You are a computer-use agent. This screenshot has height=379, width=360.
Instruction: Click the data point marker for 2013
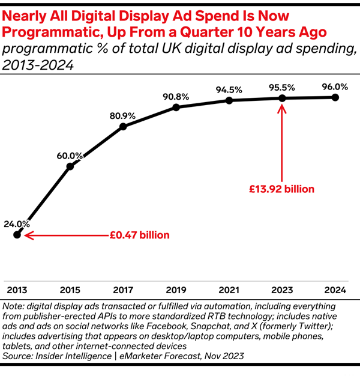pyautogui.click(x=17, y=235)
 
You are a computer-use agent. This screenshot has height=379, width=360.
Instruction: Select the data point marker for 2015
pyautogui.click(x=70, y=166)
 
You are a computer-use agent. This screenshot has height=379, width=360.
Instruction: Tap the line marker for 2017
pyautogui.click(x=123, y=126)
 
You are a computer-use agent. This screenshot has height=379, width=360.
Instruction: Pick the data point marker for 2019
pyautogui.click(x=176, y=108)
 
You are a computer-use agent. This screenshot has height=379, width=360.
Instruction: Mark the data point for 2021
pyautogui.click(x=229, y=100)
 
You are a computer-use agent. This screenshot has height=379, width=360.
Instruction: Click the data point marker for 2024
pyautogui.click(x=335, y=97)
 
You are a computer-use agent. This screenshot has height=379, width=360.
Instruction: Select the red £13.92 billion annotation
pyautogui.click(x=282, y=189)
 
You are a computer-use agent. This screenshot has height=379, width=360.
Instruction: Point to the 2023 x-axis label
pyautogui.click(x=282, y=290)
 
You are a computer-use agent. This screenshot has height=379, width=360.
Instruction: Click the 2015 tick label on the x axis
pyautogui.click(x=70, y=290)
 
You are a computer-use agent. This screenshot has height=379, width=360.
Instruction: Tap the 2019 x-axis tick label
pyautogui.click(x=176, y=290)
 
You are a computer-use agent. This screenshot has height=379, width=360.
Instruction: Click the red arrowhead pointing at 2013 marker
pyautogui.click(x=25, y=235)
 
